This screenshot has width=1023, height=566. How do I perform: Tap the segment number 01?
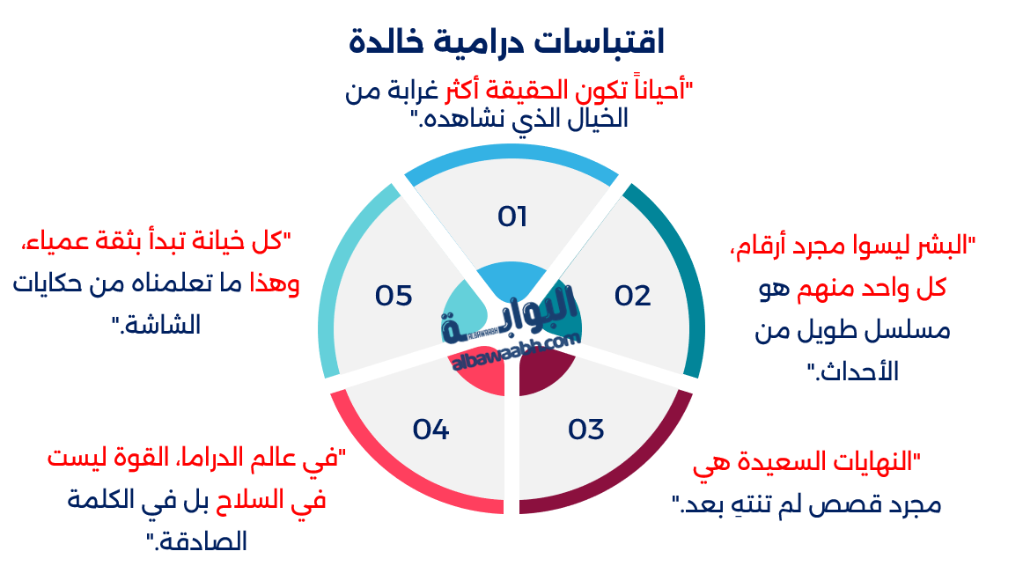click(511, 216)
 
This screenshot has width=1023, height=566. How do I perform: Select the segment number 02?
click(632, 296)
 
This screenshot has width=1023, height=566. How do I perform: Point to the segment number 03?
click(585, 430)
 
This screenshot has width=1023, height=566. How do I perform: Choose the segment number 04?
click(431, 430)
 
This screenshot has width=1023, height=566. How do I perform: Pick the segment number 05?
click(394, 296)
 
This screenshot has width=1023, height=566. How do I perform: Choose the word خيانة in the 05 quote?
click(217, 240)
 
